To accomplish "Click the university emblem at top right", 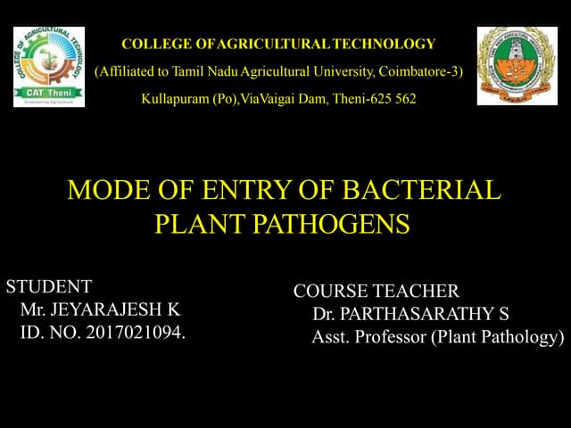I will click(517, 65).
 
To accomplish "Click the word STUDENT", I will click(49, 287).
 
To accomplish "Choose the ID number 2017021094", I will click(134, 334).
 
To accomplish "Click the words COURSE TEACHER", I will click(377, 292).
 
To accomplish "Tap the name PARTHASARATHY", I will click(419, 315).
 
